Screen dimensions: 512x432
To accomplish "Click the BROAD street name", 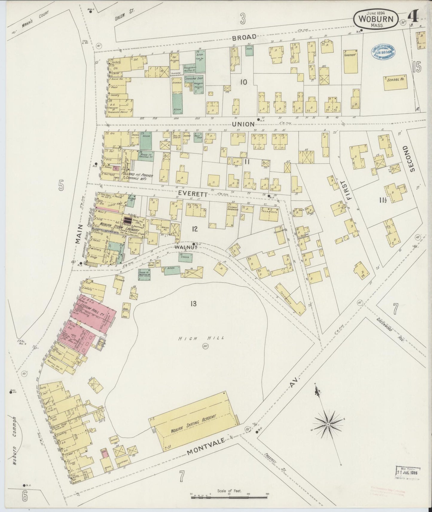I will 244,37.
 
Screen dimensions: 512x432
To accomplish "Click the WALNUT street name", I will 186,248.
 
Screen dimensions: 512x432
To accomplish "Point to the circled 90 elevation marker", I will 205,347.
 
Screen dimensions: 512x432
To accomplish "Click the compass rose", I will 328,424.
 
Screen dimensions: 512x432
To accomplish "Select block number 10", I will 244,82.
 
